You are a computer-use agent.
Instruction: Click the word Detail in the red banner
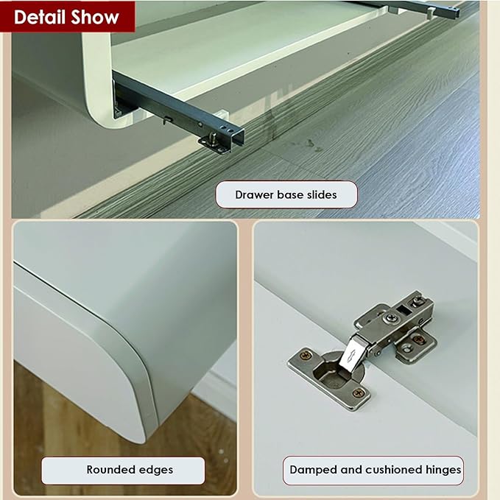(x=40, y=17)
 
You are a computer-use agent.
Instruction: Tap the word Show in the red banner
(x=95, y=17)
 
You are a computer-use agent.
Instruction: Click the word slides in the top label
(x=322, y=194)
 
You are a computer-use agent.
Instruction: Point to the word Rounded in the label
(x=112, y=469)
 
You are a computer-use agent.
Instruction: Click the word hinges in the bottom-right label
(x=443, y=470)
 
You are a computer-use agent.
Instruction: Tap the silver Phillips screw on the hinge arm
(x=390, y=317)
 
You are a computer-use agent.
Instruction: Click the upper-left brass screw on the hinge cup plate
(x=306, y=355)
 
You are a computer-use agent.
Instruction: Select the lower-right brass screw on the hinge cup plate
(x=358, y=393)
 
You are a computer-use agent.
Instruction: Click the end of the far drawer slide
(x=454, y=13)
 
